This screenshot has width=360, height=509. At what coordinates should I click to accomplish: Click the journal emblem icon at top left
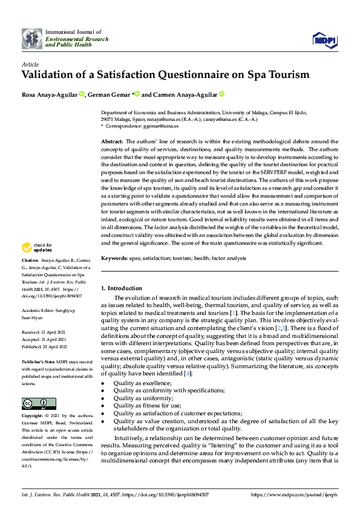[32, 39]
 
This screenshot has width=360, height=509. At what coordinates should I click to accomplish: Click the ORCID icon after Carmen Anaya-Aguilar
[221, 94]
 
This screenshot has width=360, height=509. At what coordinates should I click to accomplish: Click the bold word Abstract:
[113, 140]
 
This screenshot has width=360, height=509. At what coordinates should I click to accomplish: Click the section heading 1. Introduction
[122, 288]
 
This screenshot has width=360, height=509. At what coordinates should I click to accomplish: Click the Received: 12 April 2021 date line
[47, 332]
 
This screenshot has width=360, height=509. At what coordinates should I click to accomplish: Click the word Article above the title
[30, 63]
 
